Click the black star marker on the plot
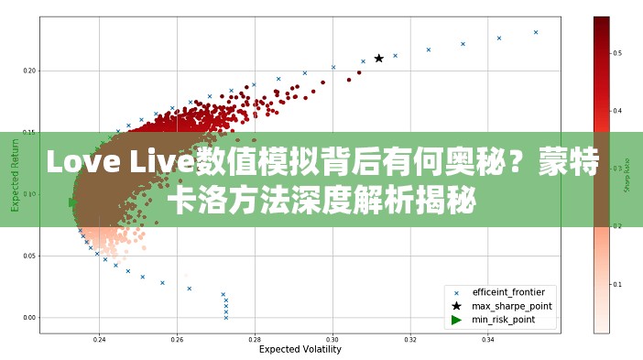[378, 58]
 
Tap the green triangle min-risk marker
[73, 202]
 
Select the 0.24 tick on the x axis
[100, 339]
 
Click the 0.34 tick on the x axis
[488, 339]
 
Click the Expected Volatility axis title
[300, 350]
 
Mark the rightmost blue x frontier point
[536, 32]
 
